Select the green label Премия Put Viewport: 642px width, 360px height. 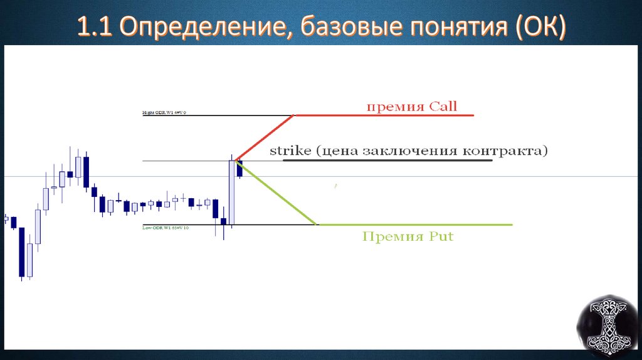click(x=408, y=237)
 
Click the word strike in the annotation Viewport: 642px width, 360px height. click(x=290, y=151)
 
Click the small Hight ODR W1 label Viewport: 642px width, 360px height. click(x=164, y=113)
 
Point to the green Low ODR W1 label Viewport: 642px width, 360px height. click(x=166, y=228)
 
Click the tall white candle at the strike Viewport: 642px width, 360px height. click(x=232, y=191)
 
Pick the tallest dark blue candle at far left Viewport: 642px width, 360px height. click(x=23, y=251)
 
